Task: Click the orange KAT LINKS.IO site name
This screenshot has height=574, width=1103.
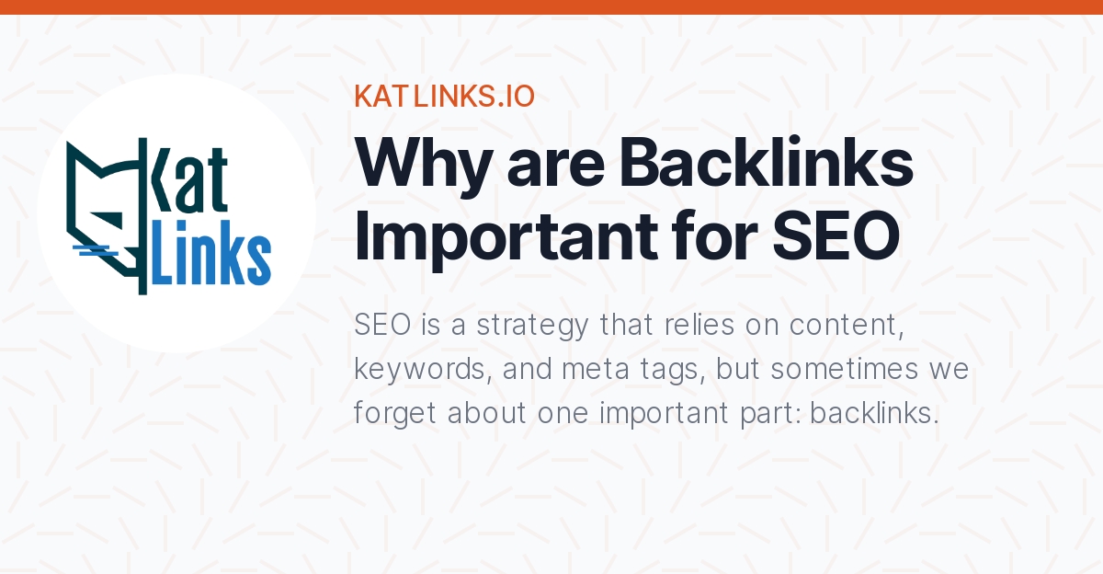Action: (x=444, y=96)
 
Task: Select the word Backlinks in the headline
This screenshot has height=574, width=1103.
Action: (x=767, y=162)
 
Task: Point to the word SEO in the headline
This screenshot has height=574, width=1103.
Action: (x=836, y=236)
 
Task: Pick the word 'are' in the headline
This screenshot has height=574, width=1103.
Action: (x=555, y=168)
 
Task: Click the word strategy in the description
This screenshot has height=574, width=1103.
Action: (x=532, y=327)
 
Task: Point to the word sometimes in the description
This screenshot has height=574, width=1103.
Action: (x=845, y=369)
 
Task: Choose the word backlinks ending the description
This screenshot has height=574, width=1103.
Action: (x=874, y=412)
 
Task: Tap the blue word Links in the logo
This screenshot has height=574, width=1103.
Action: (x=211, y=253)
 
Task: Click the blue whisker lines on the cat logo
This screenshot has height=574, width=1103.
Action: (x=95, y=250)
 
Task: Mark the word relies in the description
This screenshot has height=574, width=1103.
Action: (x=699, y=325)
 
